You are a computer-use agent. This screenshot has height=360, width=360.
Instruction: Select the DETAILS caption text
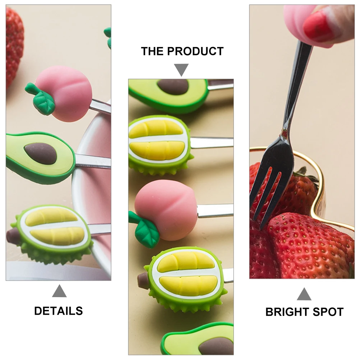tap(59, 311)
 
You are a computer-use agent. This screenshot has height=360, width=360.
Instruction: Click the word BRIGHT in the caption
tap(288, 312)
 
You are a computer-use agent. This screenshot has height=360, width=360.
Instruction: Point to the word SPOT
tap(327, 312)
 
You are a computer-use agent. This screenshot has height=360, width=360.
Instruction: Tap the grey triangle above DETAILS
tap(59, 291)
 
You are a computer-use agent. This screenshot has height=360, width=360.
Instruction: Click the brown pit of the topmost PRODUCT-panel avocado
tap(173, 86)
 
